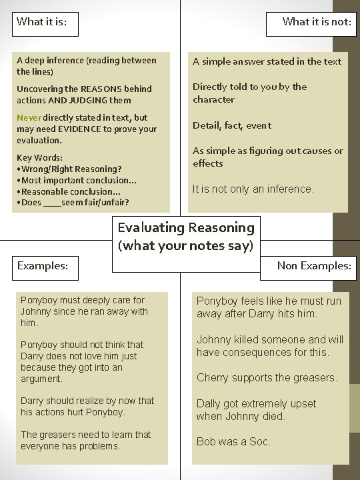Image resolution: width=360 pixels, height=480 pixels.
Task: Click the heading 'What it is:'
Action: pos(41,21)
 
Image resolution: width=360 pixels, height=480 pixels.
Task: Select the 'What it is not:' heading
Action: pos(316,21)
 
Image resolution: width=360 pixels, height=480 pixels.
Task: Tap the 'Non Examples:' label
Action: pos(314,266)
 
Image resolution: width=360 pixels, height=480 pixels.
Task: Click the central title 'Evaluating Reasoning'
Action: pos(186,228)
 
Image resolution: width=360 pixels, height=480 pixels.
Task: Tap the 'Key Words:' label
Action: pos(40,158)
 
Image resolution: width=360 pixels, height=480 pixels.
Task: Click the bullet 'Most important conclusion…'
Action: pos(79,180)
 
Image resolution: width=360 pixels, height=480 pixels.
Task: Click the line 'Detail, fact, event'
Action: pos(232,125)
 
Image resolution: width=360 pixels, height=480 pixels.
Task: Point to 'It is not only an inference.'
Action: pos(253,189)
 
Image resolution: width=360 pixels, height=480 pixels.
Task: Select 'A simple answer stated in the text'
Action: pos(267,61)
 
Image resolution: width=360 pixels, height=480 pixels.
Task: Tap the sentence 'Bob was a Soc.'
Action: pos(233,441)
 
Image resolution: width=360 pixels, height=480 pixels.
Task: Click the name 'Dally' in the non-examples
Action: pos(209,404)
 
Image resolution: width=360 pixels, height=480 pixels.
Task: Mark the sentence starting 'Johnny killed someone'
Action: pos(270,346)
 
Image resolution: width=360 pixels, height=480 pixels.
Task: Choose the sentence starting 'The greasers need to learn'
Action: pos(86,440)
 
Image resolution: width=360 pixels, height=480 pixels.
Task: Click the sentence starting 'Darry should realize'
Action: pos(87,406)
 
